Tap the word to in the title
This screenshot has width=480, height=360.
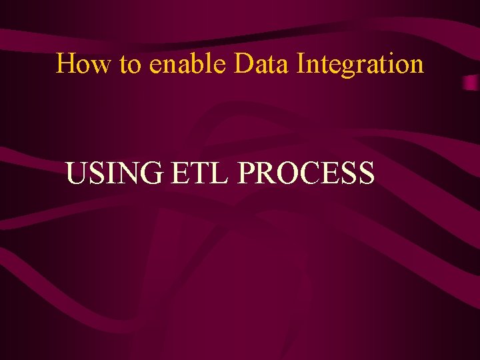(129, 65)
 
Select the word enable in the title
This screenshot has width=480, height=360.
(189, 64)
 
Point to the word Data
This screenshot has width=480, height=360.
(262, 64)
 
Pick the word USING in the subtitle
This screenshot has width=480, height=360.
(114, 174)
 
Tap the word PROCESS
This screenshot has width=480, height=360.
(306, 174)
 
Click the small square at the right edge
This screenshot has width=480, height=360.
(471, 83)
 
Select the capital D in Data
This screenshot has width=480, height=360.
(243, 64)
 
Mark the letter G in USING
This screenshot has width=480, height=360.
(151, 174)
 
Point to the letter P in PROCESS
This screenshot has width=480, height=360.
(246, 174)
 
